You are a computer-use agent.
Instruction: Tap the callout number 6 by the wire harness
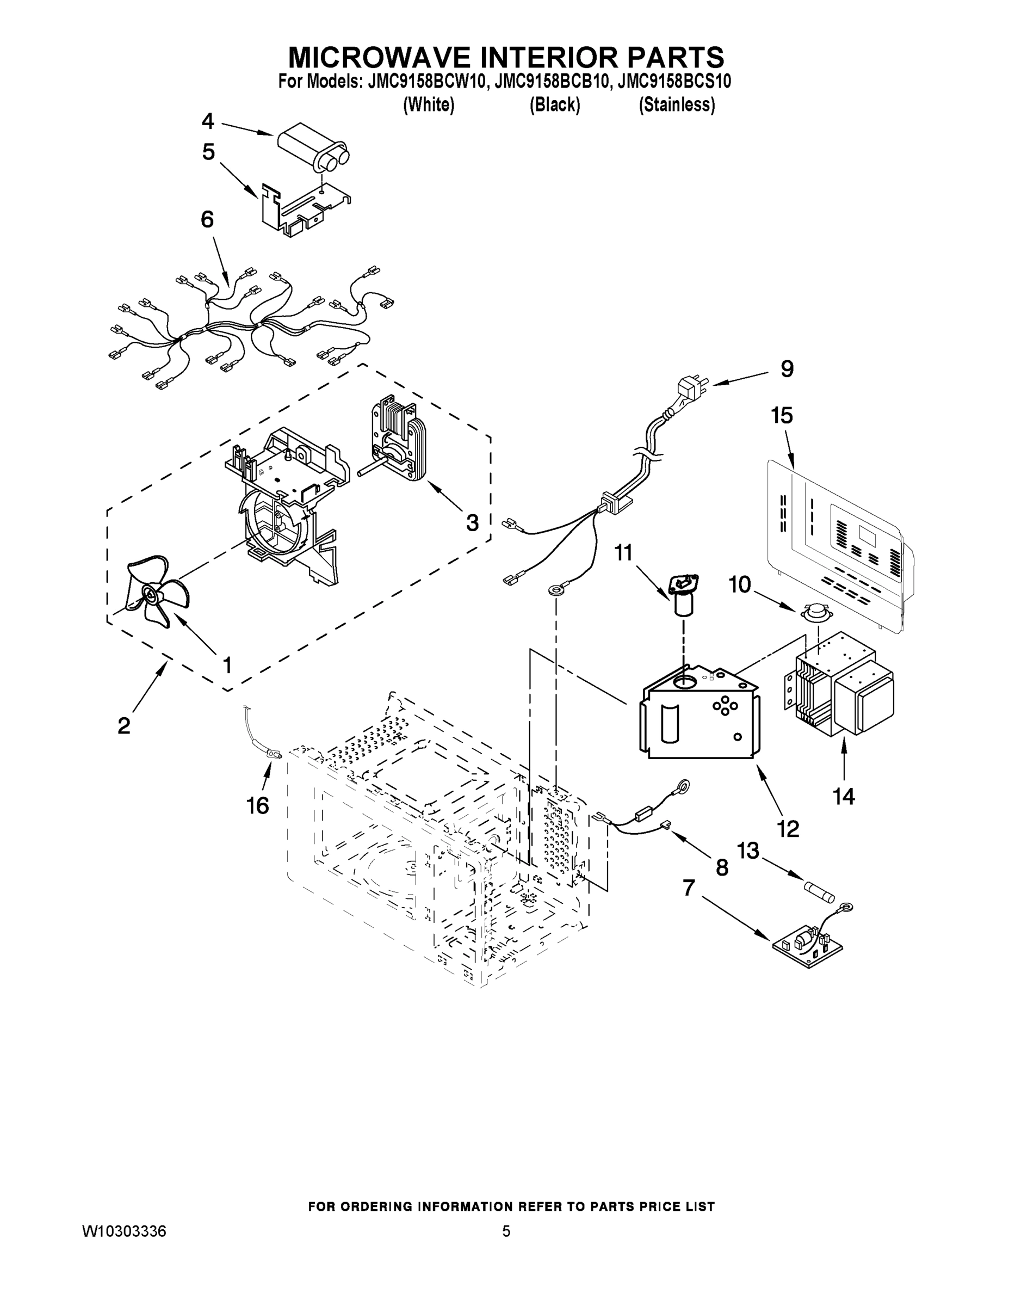tap(207, 220)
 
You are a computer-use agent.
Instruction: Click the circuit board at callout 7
tap(808, 945)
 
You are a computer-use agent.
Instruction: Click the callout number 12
tap(788, 828)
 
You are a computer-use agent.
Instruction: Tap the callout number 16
tap(258, 806)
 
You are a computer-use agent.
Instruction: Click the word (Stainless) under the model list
tap(677, 104)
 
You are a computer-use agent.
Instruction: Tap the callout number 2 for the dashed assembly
tap(123, 726)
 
